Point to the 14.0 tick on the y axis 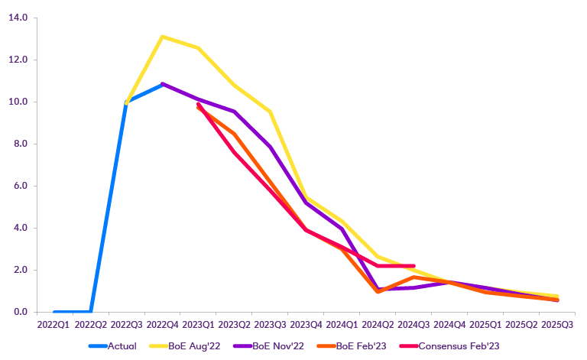18,18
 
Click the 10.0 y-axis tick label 18,102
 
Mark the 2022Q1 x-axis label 54,325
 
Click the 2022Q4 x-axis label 162,325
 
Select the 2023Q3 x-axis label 270,325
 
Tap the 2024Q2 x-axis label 378,325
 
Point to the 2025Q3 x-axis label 557,325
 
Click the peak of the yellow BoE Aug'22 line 163,37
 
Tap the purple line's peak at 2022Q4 163,84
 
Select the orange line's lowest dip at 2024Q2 378,291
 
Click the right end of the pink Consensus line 413,266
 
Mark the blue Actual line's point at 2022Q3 126,102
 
